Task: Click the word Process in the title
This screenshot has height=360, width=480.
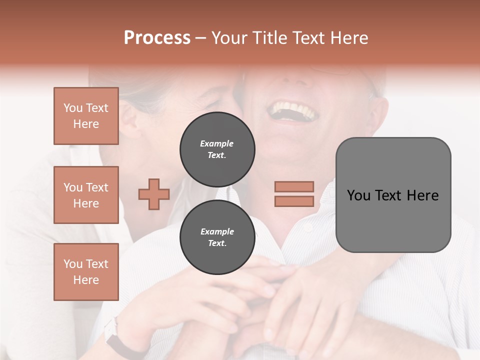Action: coord(157,38)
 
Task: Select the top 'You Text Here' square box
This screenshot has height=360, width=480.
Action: coord(86,116)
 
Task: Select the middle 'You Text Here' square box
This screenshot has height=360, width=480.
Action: coord(86,195)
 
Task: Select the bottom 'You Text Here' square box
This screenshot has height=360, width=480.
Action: coord(86,272)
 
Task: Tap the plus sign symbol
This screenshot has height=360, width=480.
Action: coord(154,194)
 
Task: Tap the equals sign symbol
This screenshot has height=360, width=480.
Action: coord(294,194)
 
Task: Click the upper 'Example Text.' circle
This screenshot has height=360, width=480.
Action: coord(217,149)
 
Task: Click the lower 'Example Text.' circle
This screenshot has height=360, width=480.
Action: coord(217,237)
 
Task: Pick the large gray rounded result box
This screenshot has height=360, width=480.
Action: coord(393,195)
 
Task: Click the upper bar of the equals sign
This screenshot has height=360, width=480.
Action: coord(294,186)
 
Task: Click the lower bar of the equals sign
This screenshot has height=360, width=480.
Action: coord(294,201)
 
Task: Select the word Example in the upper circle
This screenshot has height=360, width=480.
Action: coord(217,143)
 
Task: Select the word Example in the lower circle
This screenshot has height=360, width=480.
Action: coord(217,231)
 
